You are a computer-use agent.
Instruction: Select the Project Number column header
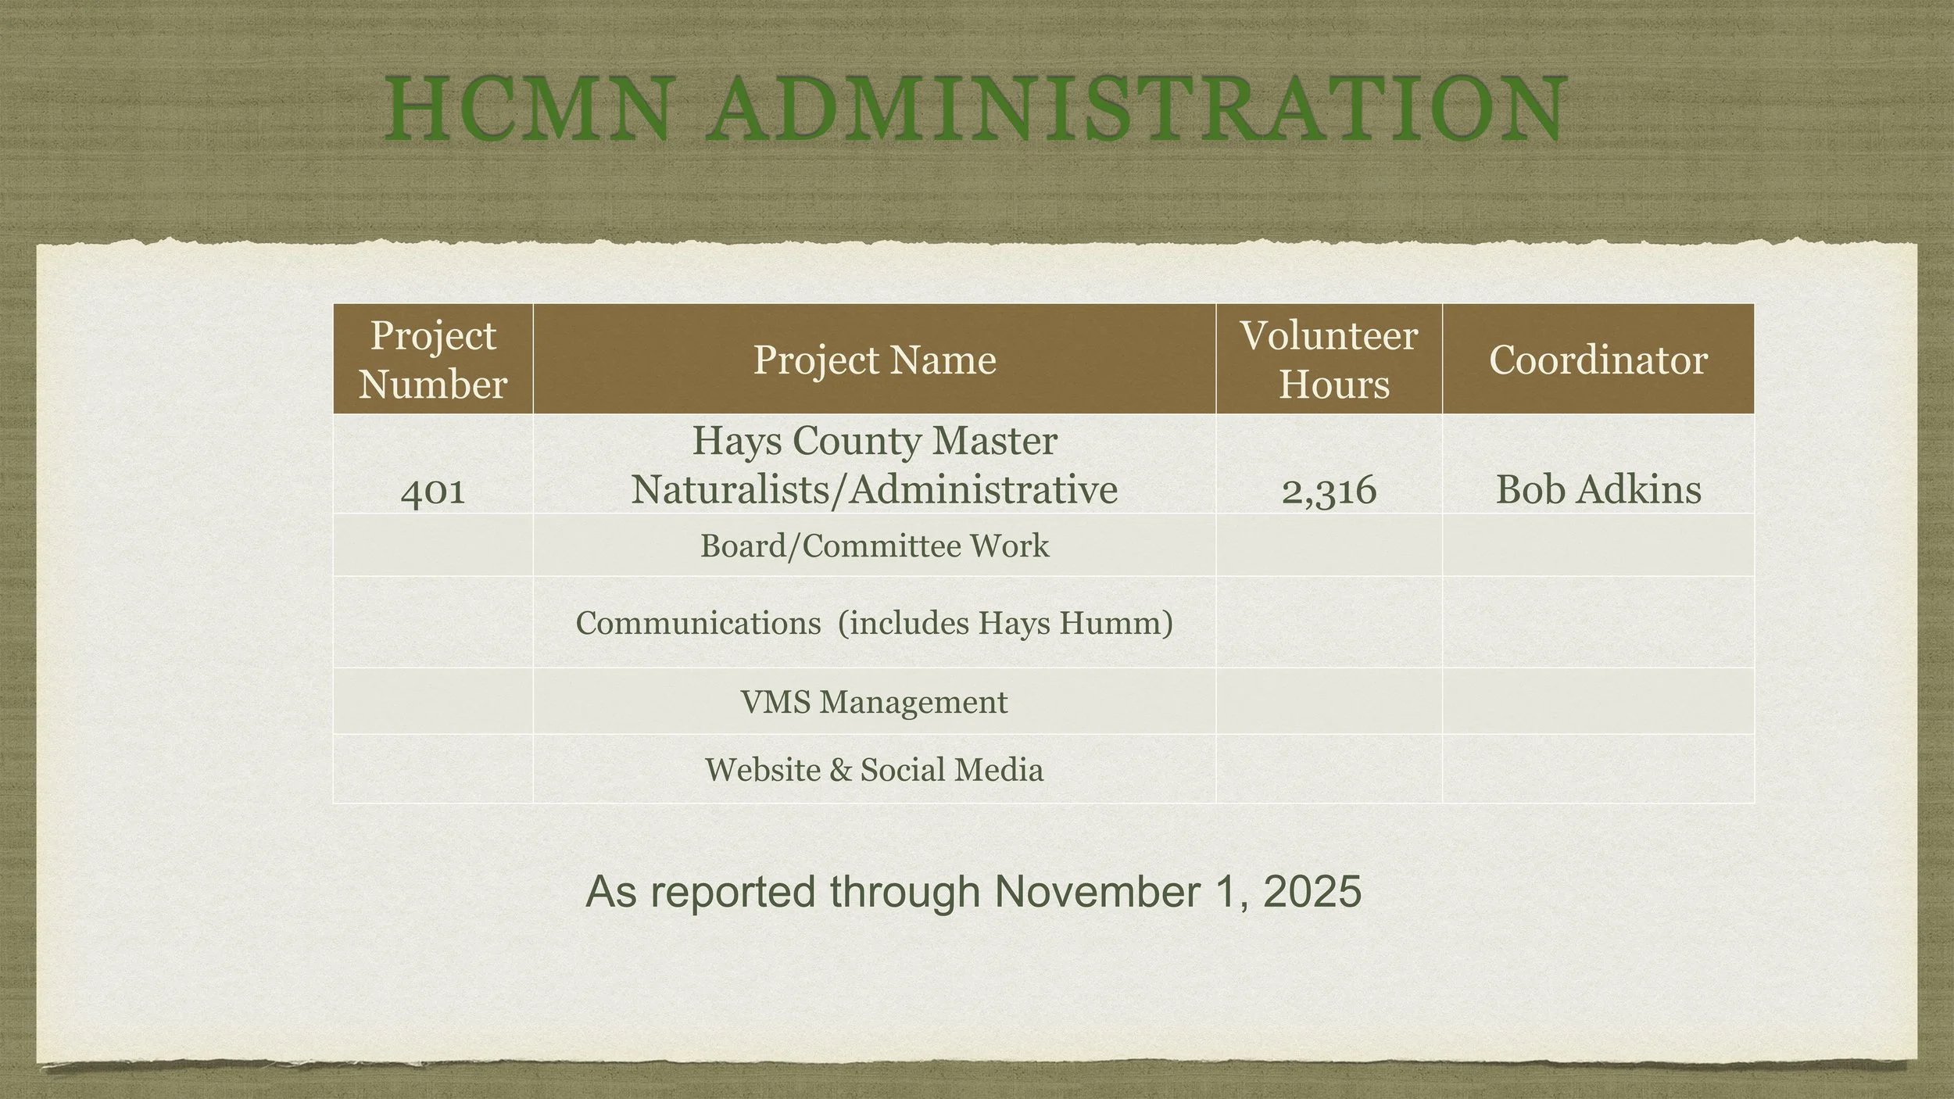(433, 360)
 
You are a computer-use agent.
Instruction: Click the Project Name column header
(875, 360)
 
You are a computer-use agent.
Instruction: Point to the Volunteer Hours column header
(1330, 360)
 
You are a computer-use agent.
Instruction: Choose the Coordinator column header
(1598, 360)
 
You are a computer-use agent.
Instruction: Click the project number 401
(433, 490)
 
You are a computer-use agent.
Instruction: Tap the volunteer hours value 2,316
(1329, 490)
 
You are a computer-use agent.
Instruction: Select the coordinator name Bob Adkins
(1598, 490)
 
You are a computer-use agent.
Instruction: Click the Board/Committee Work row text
(875, 546)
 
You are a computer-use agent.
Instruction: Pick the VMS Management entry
(874, 702)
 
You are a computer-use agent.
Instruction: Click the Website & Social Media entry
(874, 770)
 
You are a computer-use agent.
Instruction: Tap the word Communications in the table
(698, 623)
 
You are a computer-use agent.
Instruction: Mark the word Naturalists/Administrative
(874, 490)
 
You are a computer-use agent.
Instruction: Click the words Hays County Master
(875, 440)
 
